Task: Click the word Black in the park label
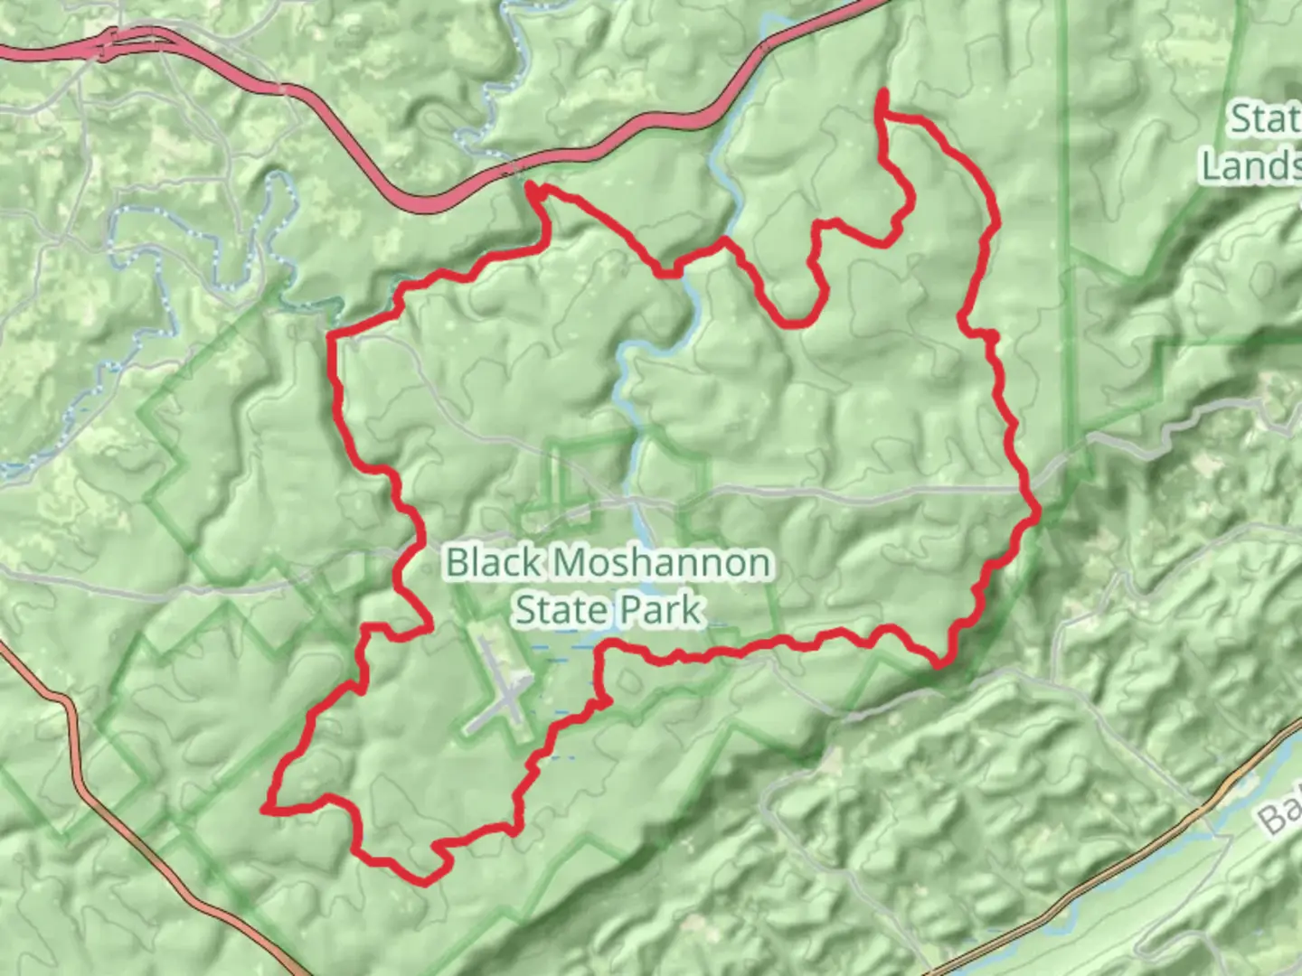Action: [x=494, y=563]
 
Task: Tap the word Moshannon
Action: [x=663, y=563]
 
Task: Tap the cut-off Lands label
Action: [x=1250, y=165]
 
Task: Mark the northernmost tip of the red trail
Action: [x=882, y=92]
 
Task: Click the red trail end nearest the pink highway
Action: [x=533, y=189]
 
